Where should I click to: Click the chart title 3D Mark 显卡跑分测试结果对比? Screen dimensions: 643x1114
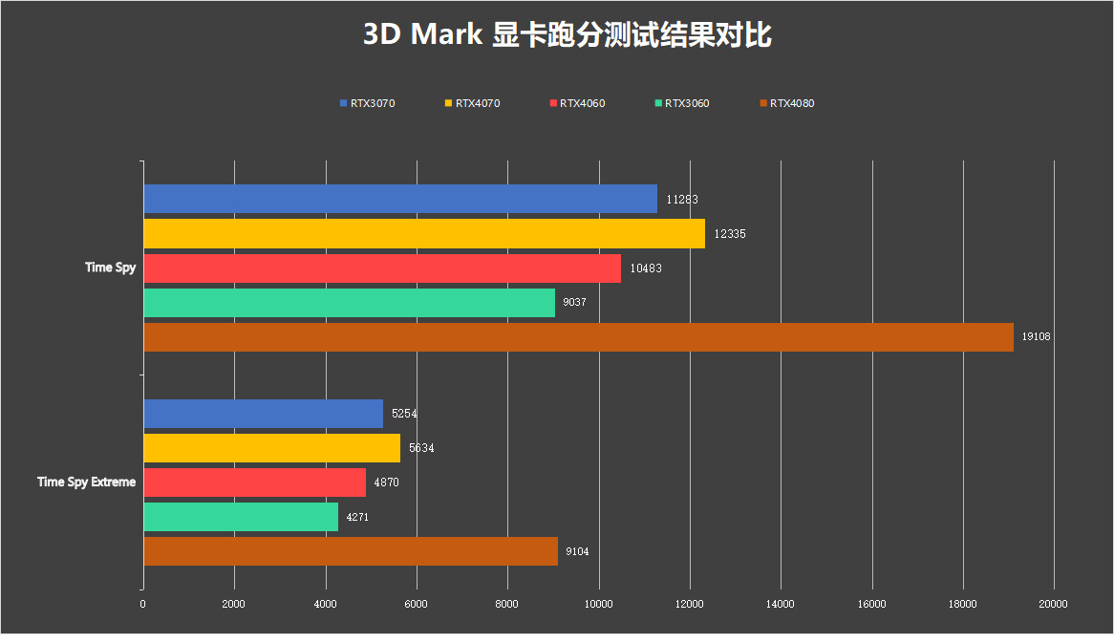pos(568,35)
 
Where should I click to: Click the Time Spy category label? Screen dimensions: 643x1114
pos(111,268)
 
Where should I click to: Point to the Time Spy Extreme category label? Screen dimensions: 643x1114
pos(86,482)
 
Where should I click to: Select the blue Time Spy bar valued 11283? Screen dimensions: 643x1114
pos(400,199)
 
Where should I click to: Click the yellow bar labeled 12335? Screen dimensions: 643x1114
pos(424,234)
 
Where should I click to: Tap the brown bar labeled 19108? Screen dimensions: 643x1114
pos(578,337)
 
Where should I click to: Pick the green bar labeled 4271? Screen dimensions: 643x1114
pos(241,517)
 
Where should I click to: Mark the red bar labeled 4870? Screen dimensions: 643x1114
pos(255,482)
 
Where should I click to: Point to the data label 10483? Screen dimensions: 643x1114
pos(646,268)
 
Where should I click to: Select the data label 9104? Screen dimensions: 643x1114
pos(580,551)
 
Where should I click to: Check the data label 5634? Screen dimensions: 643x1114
pos(421,448)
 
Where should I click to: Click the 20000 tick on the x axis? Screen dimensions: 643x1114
pos(1054,604)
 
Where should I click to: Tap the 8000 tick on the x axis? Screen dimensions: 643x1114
pos(507,604)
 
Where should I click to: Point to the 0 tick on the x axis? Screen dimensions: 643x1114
pos(143,604)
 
